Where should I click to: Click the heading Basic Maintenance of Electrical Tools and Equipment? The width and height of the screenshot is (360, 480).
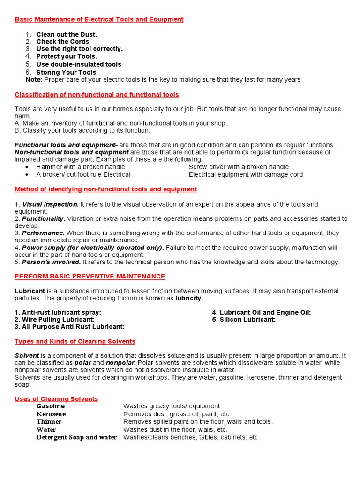pyautogui.click(x=99, y=19)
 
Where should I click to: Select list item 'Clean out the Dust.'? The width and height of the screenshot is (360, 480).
pyautogui.click(x=67, y=34)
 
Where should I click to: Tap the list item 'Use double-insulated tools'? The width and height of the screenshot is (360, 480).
pyautogui.click(x=79, y=64)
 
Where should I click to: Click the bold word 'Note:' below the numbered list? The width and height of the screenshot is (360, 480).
pyautogui.click(x=34, y=80)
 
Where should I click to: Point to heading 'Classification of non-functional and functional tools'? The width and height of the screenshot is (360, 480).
pyautogui.click(x=97, y=95)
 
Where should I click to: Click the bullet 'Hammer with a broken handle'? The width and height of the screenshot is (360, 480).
pyautogui.click(x=81, y=167)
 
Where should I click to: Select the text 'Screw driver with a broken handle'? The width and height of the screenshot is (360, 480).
pyautogui.click(x=239, y=167)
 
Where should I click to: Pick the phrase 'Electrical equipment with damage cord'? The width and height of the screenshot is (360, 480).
pyautogui.click(x=246, y=174)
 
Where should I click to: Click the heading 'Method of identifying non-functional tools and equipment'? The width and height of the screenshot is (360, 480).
pyautogui.click(x=105, y=189)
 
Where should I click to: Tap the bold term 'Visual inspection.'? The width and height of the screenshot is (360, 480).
pyautogui.click(x=51, y=204)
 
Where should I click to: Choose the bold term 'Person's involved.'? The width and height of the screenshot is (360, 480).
pyautogui.click(x=52, y=262)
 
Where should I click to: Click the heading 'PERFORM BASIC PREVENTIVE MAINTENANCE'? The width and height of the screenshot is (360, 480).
pyautogui.click(x=90, y=277)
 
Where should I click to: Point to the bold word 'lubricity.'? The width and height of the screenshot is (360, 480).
pyautogui.click(x=189, y=298)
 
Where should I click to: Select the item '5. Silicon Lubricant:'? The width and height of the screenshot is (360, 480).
pyautogui.click(x=244, y=320)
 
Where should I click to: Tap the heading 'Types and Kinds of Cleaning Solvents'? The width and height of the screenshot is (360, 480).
pyautogui.click(x=75, y=341)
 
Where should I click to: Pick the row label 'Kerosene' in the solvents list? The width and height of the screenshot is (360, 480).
pyautogui.click(x=51, y=414)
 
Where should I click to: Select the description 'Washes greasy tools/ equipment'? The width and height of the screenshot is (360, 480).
pyautogui.click(x=172, y=406)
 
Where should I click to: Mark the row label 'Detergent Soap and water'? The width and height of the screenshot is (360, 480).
pyautogui.click(x=76, y=437)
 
